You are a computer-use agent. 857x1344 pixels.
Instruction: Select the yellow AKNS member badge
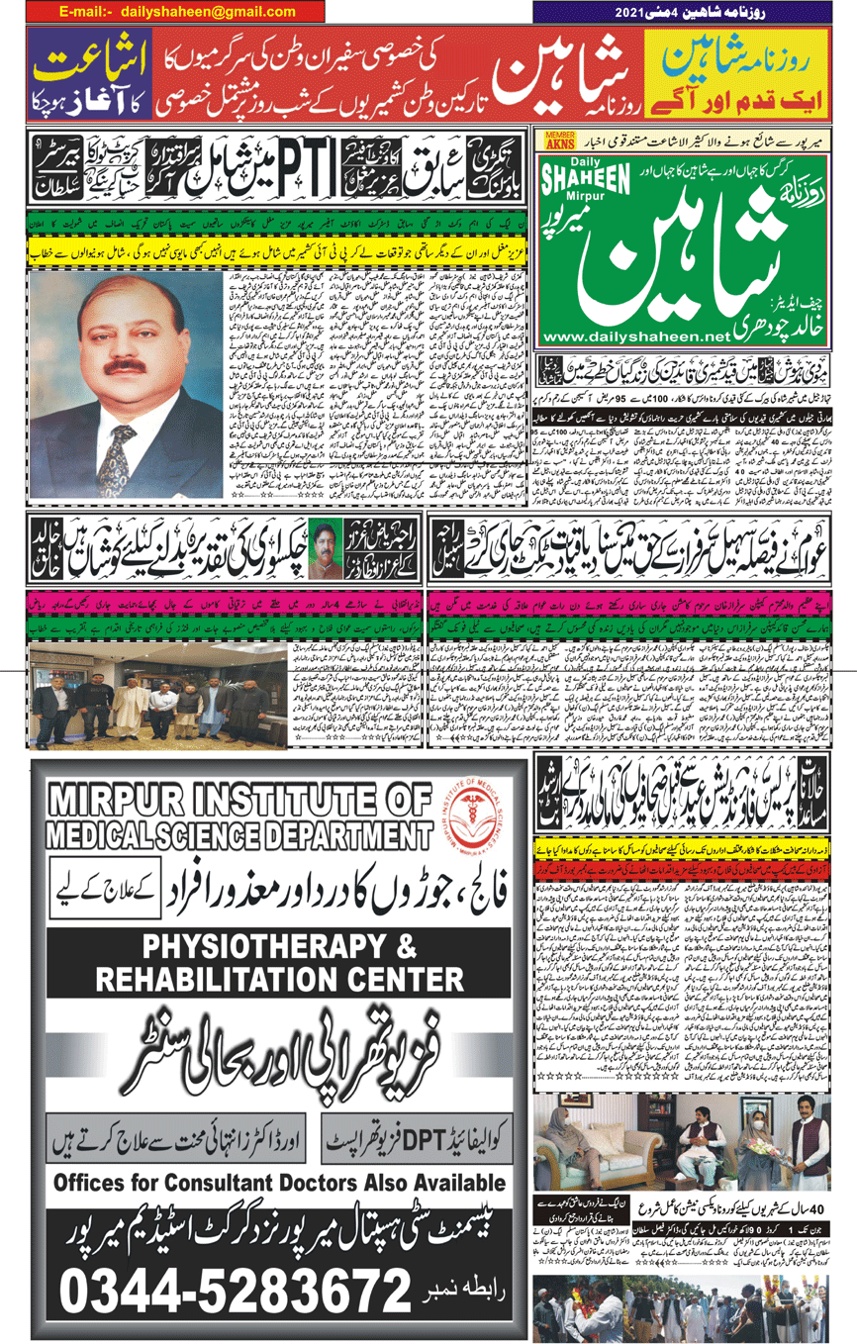point(560,141)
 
